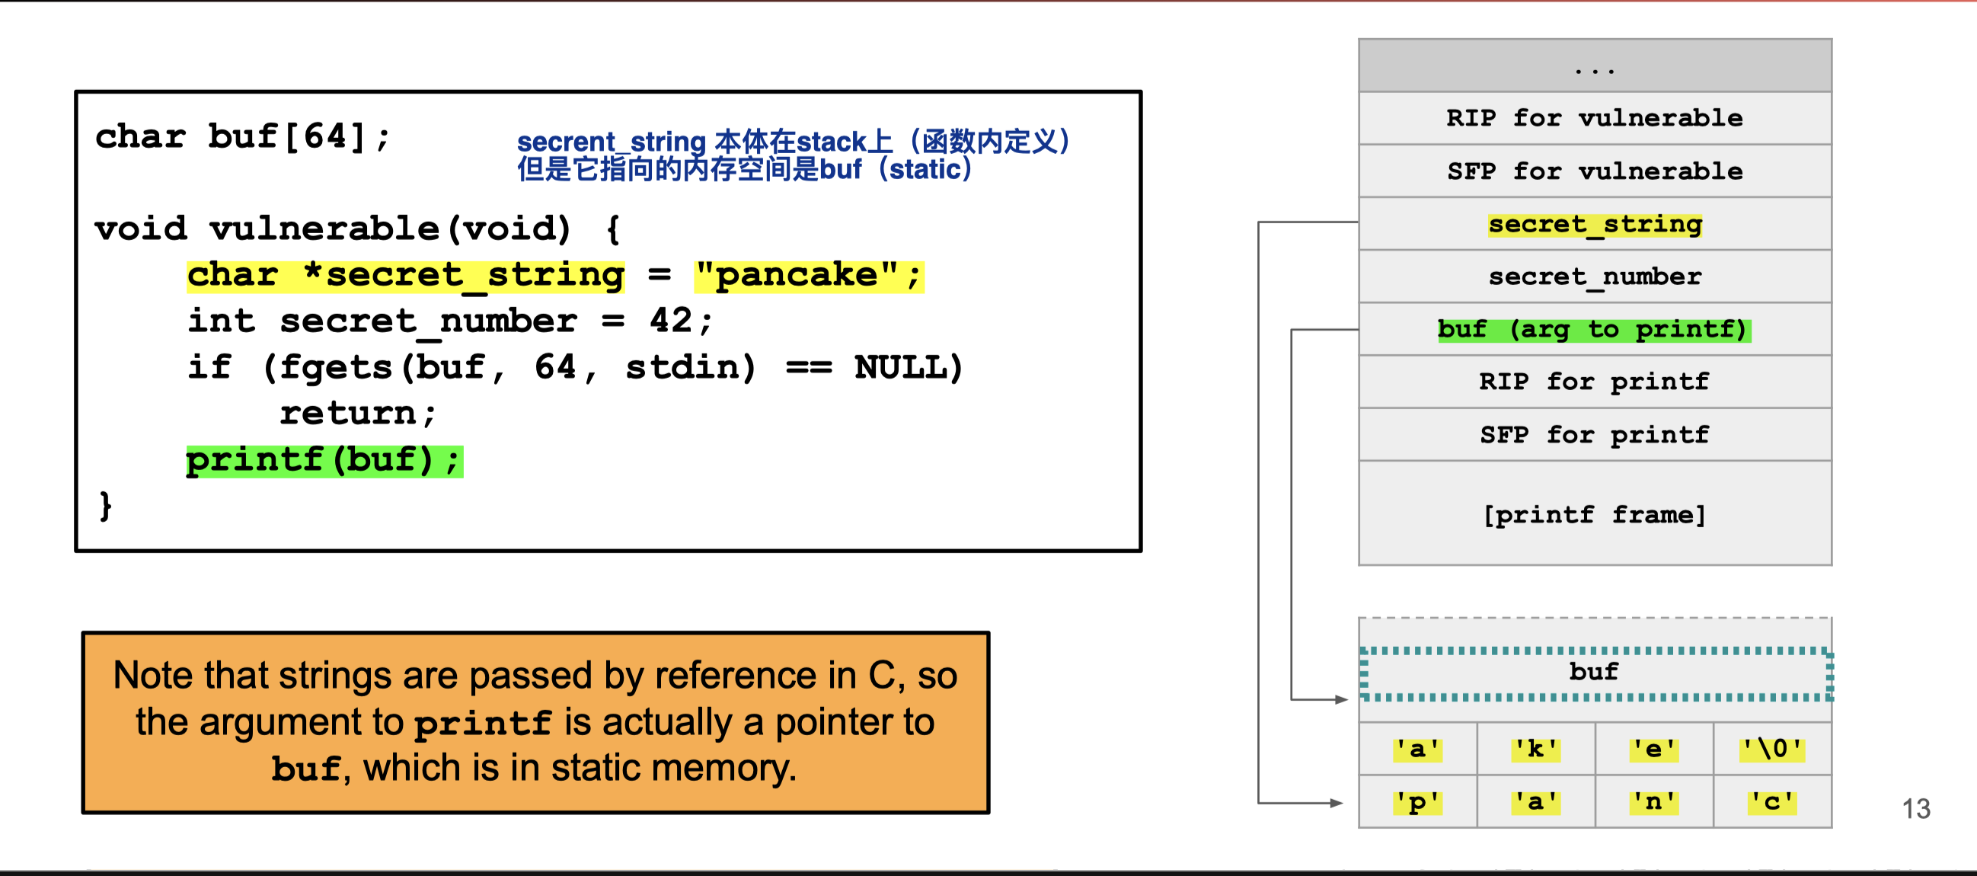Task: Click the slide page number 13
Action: [1915, 808]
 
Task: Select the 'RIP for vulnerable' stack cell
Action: [1594, 118]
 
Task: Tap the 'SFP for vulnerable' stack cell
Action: [1594, 171]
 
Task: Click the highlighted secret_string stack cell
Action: [1594, 224]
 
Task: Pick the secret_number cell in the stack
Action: [1594, 277]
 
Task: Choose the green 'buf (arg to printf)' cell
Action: [1594, 329]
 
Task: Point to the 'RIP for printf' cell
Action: [1594, 382]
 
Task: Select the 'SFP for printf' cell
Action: [1594, 434]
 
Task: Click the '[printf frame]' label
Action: [1594, 514]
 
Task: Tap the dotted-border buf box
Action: [1594, 673]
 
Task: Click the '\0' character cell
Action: [1772, 749]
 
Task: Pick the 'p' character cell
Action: [1417, 802]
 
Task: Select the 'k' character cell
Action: [1536, 749]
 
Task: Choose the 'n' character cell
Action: [1654, 802]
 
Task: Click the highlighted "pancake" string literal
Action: [808, 276]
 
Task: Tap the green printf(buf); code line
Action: [324, 461]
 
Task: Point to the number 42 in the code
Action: [671, 321]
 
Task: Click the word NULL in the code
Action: [901, 368]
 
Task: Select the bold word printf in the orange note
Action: [483, 723]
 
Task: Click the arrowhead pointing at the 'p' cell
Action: [1338, 803]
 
